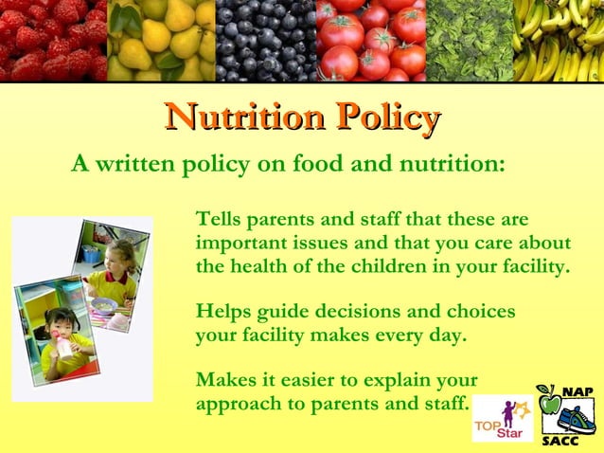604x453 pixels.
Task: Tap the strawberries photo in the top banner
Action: pyautogui.click(x=53, y=40)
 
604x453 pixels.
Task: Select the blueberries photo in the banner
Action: pyautogui.click(x=265, y=40)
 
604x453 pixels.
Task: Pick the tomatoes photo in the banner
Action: pyautogui.click(x=370, y=40)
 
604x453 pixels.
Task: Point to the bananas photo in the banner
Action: pyautogui.click(x=558, y=40)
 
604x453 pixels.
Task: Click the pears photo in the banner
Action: pyautogui.click(x=161, y=40)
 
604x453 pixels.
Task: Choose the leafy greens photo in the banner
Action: pyautogui.click(x=469, y=40)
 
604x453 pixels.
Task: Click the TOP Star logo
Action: pyautogui.click(x=502, y=418)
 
